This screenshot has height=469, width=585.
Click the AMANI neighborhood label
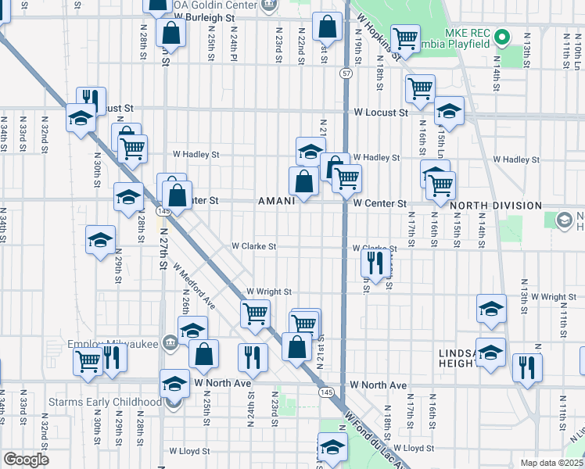[277, 201]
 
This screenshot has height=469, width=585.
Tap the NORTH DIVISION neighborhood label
[496, 206]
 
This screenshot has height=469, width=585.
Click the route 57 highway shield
[346, 73]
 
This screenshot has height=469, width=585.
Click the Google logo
[27, 460]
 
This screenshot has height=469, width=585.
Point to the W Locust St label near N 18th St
[380, 113]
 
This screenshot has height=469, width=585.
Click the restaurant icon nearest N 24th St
[253, 357]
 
